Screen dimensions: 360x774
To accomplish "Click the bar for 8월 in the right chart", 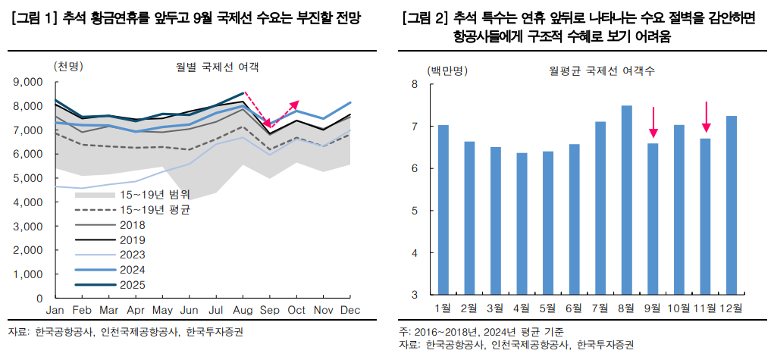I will [x=626, y=200].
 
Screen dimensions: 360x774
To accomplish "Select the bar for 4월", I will [x=522, y=224].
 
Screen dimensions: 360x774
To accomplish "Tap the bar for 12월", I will [x=732, y=205].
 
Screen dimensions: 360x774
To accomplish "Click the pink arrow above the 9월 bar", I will [x=653, y=123].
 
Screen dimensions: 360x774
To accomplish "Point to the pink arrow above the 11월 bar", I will [x=706, y=117].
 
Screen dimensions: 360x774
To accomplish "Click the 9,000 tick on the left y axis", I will [x=30, y=82].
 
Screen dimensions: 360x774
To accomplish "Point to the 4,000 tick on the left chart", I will [x=30, y=202].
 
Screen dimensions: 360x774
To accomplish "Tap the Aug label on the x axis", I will [x=243, y=311].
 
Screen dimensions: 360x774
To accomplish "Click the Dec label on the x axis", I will [x=349, y=311].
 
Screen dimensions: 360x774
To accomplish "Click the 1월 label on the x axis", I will [x=443, y=308].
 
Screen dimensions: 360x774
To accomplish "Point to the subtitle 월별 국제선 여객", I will [x=217, y=67].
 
